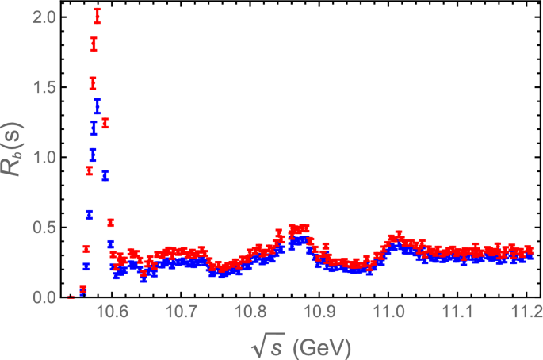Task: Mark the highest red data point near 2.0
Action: click(x=98, y=15)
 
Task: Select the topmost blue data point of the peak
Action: click(x=98, y=105)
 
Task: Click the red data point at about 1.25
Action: click(x=105, y=123)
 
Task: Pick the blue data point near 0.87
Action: click(x=105, y=175)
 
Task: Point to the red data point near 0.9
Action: click(x=90, y=170)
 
